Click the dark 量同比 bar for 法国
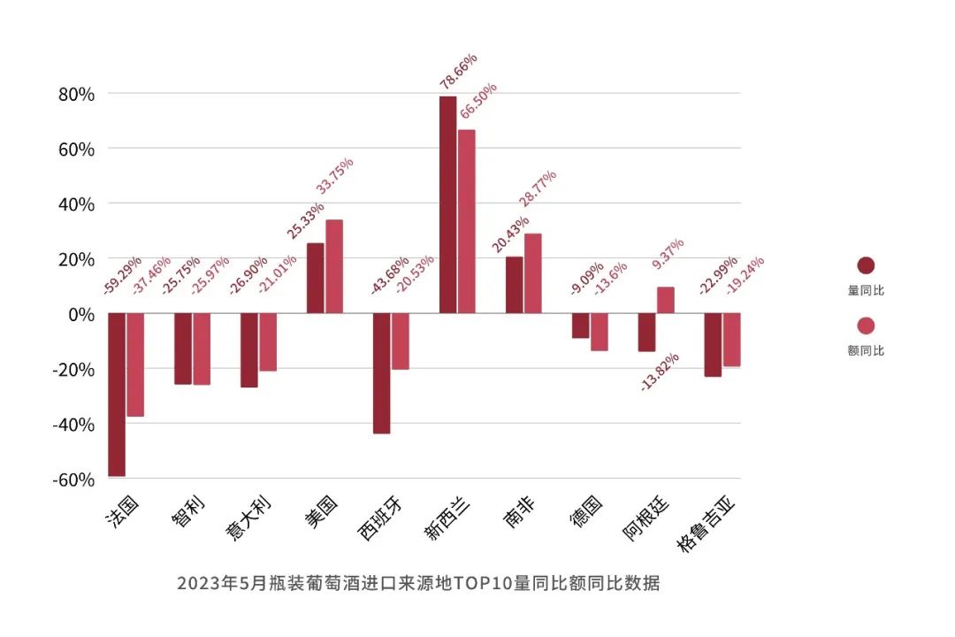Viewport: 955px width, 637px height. tap(116, 395)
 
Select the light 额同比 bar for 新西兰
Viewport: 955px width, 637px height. tap(467, 221)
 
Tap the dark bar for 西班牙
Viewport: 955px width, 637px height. tap(381, 372)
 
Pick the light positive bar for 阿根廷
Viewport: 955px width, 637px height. tap(666, 300)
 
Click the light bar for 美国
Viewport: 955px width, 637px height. tap(334, 266)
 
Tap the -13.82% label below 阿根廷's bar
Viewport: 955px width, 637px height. tap(661, 372)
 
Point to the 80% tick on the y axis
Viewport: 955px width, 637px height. tap(76, 94)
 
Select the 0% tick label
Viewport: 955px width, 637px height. tap(81, 314)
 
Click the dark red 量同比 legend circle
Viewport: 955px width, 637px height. tap(866, 266)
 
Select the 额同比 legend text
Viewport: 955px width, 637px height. tap(866, 350)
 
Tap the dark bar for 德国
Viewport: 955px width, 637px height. tap(580, 326)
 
